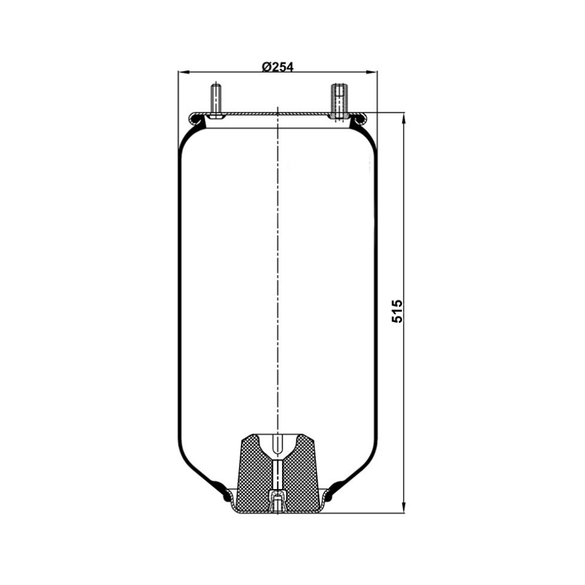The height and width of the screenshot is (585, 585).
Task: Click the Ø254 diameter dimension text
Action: [277, 67]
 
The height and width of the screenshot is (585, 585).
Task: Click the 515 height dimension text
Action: [397, 311]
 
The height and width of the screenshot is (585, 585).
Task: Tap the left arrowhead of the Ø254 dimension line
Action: [183, 72]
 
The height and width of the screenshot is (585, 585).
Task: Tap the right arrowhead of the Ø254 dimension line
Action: [372, 72]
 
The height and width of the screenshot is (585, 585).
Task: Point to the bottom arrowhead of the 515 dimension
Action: [404, 507]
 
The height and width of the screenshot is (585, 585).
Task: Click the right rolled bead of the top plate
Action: [360, 119]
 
